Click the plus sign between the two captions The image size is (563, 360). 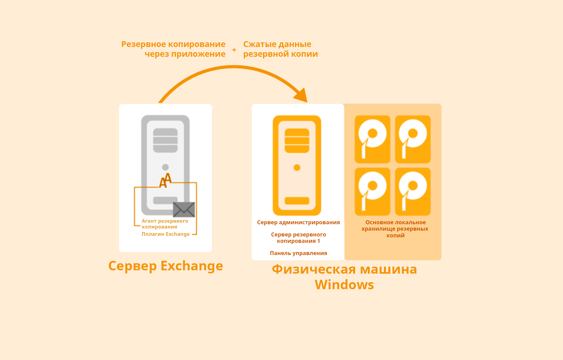point(234,50)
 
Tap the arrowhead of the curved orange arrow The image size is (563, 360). point(302,95)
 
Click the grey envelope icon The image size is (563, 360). point(184,209)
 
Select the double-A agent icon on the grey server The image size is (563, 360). point(165,180)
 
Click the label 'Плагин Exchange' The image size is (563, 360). point(165,234)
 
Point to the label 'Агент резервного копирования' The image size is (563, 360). point(165,224)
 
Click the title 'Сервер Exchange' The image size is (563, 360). point(165,266)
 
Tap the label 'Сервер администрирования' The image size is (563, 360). point(298,222)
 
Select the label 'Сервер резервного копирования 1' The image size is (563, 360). point(298,238)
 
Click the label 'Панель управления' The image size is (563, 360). point(298,253)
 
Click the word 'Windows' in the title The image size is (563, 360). point(344,285)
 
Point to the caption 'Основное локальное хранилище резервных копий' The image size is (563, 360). point(395,229)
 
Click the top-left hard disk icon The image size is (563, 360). point(372,139)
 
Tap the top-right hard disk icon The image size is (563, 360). point(413,139)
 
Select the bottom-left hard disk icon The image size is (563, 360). point(372,192)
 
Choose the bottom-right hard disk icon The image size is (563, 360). point(413,192)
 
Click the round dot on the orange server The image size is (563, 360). point(297,167)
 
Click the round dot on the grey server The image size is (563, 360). point(165,167)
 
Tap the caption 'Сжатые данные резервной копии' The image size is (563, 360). point(280,49)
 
